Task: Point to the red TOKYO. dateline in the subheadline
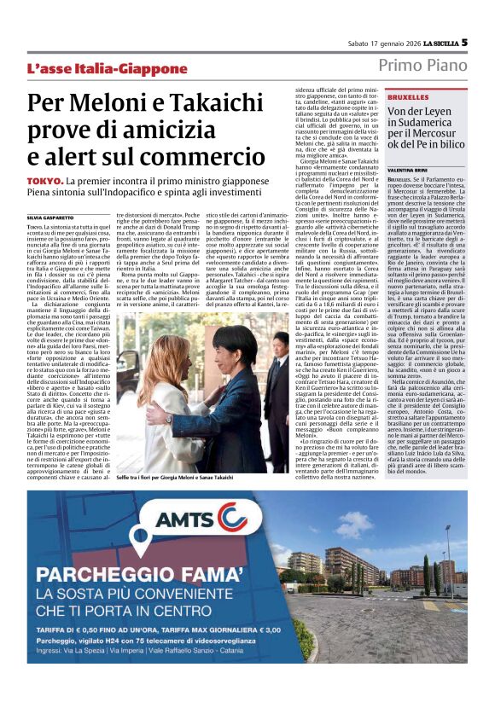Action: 44,182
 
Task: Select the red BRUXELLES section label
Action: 408,97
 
